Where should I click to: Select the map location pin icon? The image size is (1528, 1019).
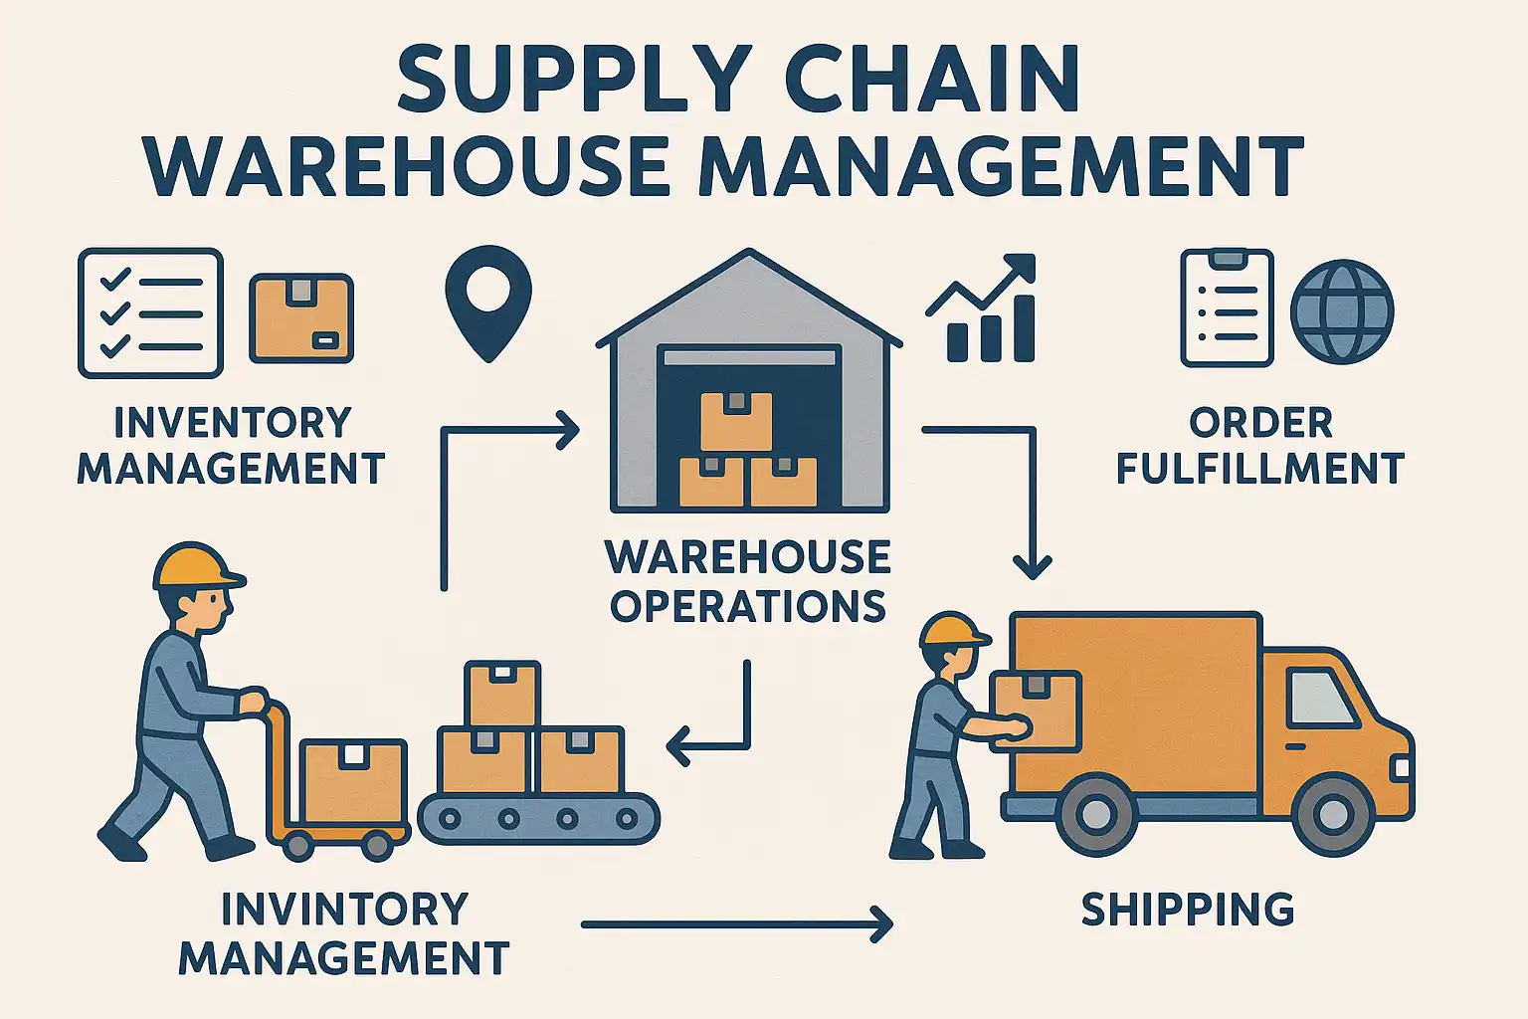coord(488,304)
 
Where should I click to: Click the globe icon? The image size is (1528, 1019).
coord(1342,311)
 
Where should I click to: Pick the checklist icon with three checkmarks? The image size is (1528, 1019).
coord(151,312)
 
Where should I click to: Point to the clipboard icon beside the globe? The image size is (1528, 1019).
coord(1228,307)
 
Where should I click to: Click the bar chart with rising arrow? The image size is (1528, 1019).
coord(982,307)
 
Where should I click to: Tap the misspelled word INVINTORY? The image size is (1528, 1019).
coord(344,909)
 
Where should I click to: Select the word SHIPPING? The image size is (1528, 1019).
coord(1188,910)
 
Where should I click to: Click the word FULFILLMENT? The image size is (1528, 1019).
coord(1260,468)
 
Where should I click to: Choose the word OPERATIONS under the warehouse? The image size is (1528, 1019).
coord(748,605)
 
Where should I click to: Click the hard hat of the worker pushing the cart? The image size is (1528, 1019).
coord(196,566)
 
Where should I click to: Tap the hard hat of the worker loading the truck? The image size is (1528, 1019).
coord(953,630)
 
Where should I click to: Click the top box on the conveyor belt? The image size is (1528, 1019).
coord(502,694)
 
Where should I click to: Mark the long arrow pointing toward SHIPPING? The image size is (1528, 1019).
coord(737,924)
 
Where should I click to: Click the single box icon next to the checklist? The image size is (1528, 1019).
coord(300,318)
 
